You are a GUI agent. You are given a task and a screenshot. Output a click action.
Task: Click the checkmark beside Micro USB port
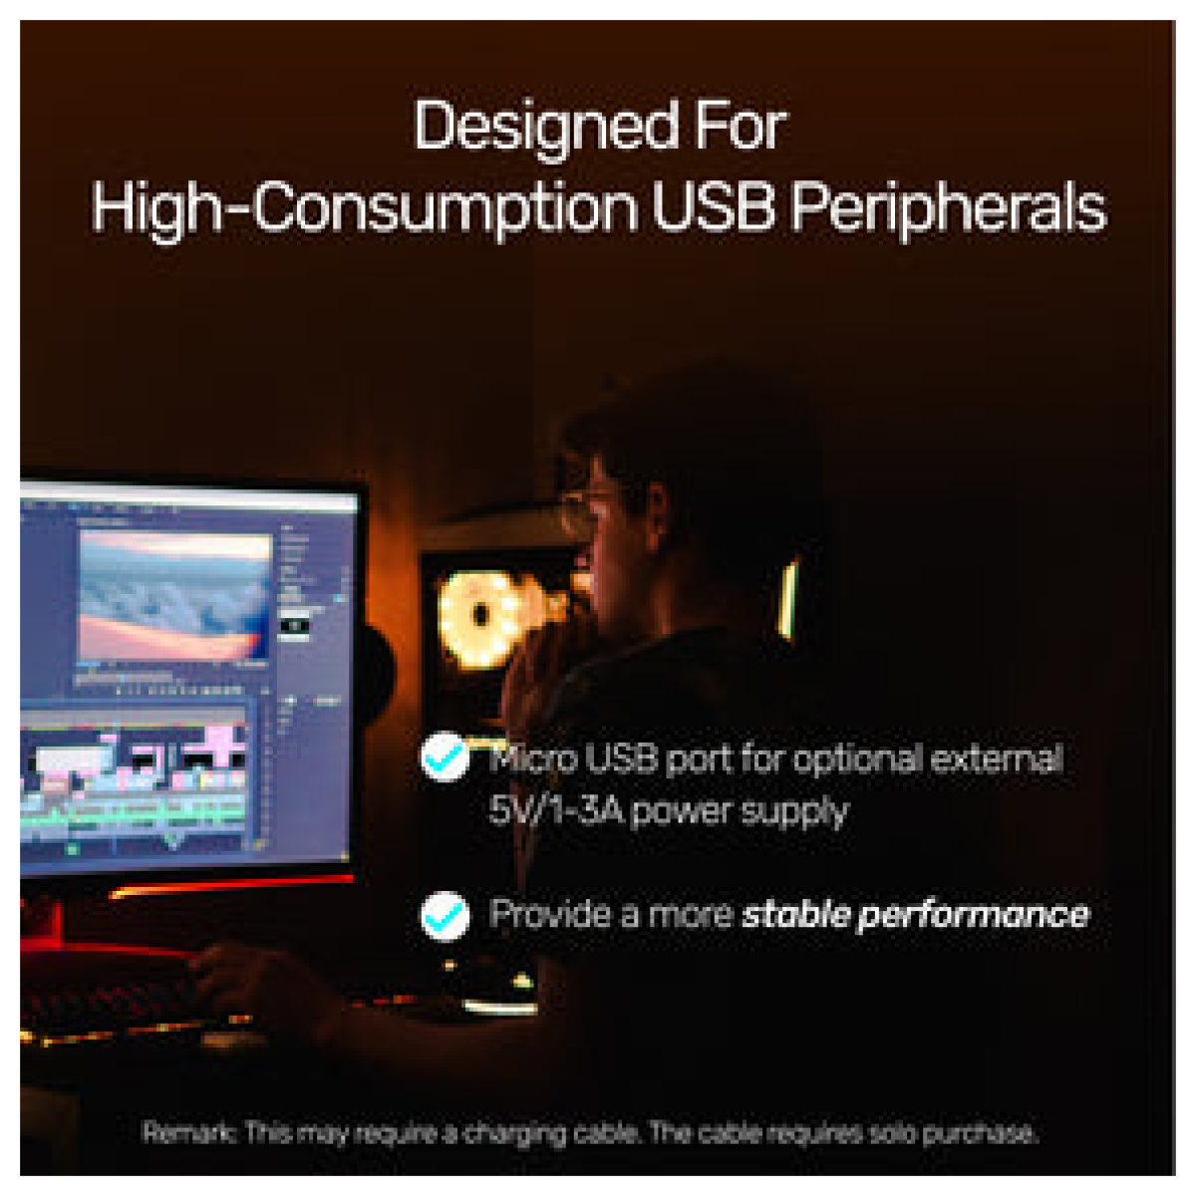click(445, 757)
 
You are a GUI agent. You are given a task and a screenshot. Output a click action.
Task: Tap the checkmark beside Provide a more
click(445, 916)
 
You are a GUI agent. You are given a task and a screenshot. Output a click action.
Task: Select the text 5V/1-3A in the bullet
click(556, 810)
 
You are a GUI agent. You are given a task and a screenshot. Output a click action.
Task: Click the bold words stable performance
click(916, 916)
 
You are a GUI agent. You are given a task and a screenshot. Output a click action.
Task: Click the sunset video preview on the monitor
click(175, 595)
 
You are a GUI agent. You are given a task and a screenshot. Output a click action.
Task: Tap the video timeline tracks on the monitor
click(134, 785)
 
